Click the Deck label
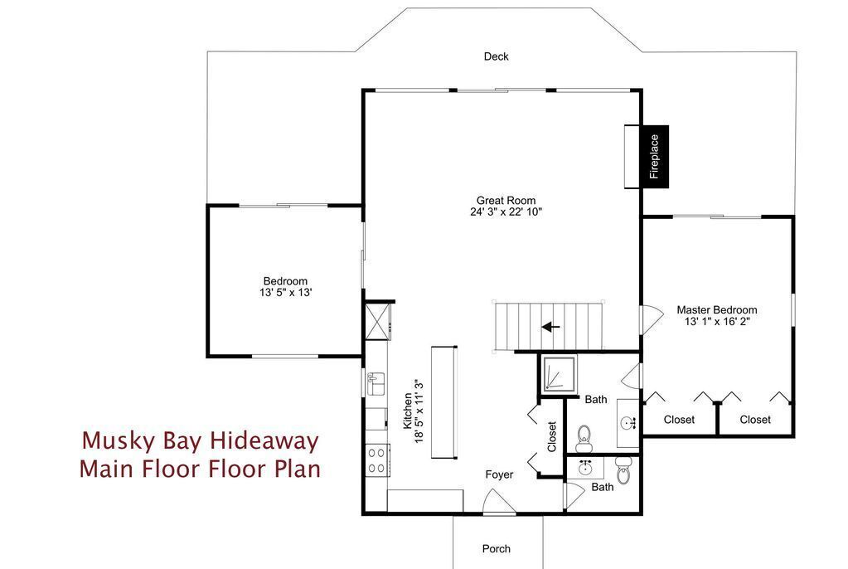pos(496,56)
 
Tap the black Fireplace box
pos(655,157)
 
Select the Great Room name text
pos(506,201)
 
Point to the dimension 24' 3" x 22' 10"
pos(506,212)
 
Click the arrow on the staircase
pos(550,327)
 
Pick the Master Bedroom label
pos(716,310)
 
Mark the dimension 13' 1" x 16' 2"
pos(716,322)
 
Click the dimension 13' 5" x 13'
pos(285,292)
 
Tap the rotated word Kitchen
pos(408,411)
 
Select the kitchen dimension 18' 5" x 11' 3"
pos(419,411)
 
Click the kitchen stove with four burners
pos(377,460)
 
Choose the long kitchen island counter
pos(444,402)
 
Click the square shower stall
pos(559,374)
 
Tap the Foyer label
pos(499,474)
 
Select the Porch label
pos(496,548)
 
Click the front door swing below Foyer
pos(499,501)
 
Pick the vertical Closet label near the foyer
pos(551,437)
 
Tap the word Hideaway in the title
pos(264,440)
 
